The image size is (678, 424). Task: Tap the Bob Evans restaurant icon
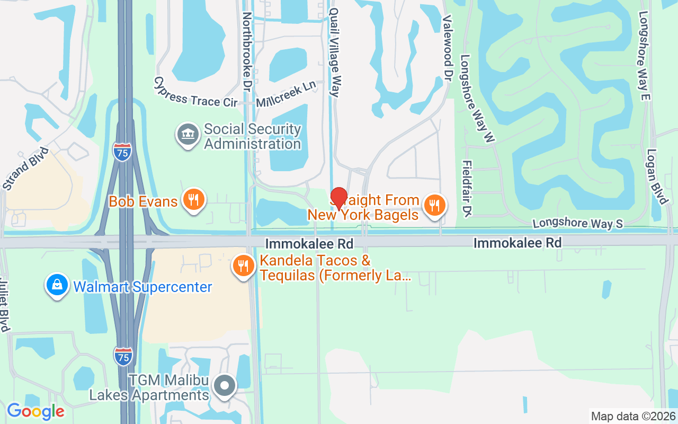[x=194, y=200]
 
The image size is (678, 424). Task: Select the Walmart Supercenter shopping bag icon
[x=57, y=286]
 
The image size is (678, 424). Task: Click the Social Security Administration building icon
[x=187, y=135]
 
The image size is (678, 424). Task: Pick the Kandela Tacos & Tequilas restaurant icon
[x=243, y=267]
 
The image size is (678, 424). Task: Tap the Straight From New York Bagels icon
[x=435, y=205]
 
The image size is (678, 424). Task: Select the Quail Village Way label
[x=334, y=52]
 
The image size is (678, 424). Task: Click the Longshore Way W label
[x=477, y=99]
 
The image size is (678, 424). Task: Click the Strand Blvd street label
[x=25, y=169]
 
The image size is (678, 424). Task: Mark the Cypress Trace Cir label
[x=195, y=93]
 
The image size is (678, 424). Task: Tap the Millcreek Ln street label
[x=286, y=94]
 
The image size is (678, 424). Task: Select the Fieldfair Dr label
[x=467, y=188]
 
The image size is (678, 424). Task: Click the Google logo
[x=35, y=411]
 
